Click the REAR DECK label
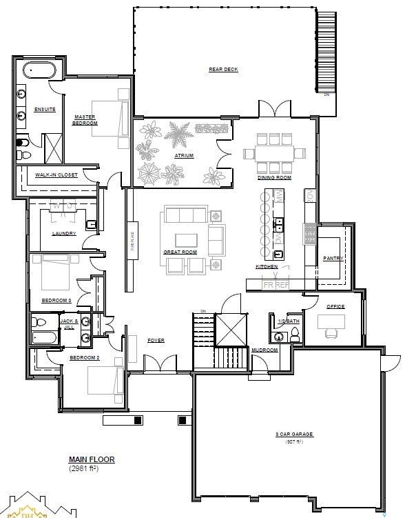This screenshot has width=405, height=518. (223, 69)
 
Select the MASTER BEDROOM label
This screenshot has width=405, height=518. (85, 120)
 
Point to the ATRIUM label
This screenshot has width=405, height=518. (184, 156)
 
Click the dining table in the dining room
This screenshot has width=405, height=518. (274, 152)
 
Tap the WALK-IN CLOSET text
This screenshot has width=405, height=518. (56, 175)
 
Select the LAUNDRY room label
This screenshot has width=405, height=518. (64, 233)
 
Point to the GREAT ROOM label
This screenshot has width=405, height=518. (180, 252)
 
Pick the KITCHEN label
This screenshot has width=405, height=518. (267, 266)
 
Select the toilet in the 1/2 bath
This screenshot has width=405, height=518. (295, 334)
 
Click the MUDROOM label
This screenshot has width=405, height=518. (264, 350)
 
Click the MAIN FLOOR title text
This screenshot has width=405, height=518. (92, 459)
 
